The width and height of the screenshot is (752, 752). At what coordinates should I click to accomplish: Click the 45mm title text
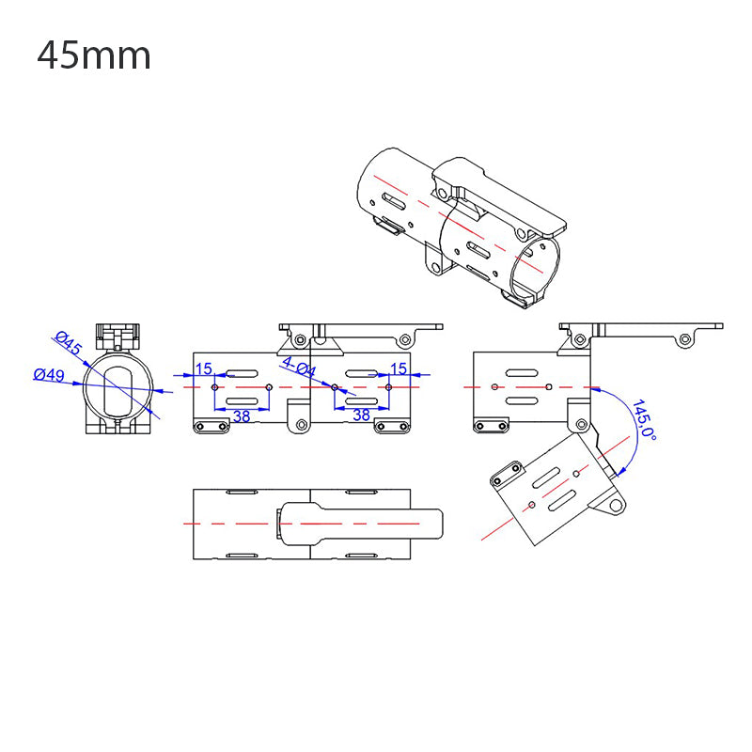coord(94,56)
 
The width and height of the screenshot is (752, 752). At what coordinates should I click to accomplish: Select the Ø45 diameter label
coord(69,344)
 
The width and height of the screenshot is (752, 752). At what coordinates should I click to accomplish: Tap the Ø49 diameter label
coord(49,375)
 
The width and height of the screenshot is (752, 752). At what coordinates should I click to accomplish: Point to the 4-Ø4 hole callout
coord(299,368)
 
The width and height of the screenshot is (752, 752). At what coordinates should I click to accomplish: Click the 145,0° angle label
coord(645,418)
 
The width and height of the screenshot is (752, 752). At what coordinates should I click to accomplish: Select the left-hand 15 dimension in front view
coord(204,368)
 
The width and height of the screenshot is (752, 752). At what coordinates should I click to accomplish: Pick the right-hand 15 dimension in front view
coord(398,368)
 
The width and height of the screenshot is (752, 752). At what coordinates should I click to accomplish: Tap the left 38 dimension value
coord(242,415)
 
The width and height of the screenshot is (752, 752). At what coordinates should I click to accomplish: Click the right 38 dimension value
coord(361,415)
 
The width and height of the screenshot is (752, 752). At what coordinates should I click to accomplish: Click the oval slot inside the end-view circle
coord(117,391)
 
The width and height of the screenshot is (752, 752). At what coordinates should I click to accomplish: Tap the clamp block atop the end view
coord(117,335)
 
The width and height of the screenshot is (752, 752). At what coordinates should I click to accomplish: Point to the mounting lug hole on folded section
coord(616,506)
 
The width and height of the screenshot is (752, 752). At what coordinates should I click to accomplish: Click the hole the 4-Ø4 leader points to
coord(335,386)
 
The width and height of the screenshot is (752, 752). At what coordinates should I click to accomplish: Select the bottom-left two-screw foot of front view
coord(211,427)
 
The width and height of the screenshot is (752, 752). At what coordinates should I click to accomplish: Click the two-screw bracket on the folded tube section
coord(506,476)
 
